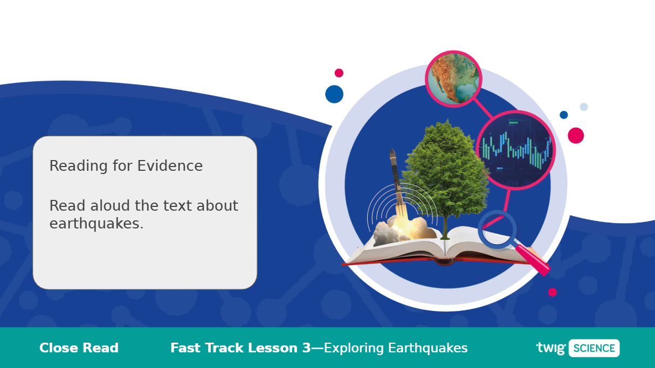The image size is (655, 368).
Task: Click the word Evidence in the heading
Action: point(170,166)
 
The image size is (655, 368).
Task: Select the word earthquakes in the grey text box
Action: point(96,224)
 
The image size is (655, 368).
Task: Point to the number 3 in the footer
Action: point(307,348)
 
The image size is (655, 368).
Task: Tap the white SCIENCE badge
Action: point(594,348)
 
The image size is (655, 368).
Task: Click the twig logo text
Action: point(551,349)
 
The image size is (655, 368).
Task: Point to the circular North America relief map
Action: point(453,79)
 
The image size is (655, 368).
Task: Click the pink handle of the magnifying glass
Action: point(533,260)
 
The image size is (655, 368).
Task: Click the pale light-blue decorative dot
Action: point(584,107)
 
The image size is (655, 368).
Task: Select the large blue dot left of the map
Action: point(334,94)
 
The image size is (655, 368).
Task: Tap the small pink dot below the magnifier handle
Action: point(553,292)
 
